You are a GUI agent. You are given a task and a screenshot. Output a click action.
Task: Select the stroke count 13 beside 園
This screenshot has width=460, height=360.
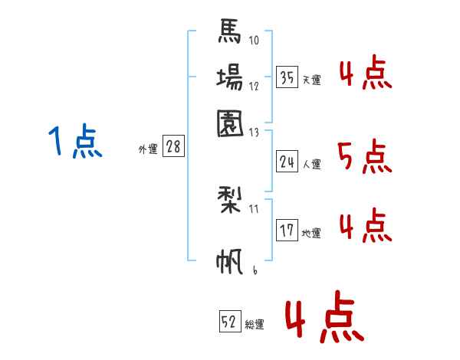255,132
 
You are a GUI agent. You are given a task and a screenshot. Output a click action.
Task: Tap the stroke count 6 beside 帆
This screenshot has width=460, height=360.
254,270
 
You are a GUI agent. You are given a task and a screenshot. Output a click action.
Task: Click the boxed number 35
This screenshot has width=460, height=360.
287,77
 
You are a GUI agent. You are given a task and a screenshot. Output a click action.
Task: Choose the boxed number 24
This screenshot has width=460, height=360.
287,161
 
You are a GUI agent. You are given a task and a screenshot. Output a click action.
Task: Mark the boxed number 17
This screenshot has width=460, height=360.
287,231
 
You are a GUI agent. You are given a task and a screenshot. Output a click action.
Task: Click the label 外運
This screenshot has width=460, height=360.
148,149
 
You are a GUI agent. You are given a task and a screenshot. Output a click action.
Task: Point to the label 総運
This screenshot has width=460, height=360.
255,325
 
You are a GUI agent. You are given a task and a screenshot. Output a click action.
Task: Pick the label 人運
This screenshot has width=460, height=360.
312,164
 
